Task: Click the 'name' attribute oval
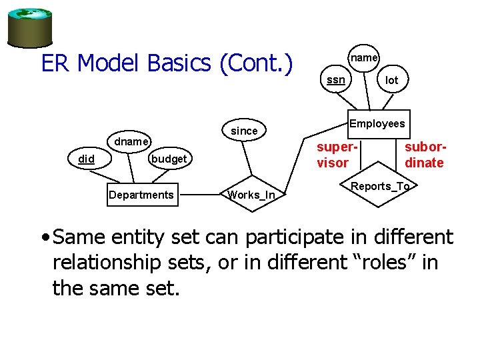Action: click(364, 58)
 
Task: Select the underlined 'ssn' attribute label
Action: click(336, 80)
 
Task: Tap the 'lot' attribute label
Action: click(392, 80)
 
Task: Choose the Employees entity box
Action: click(377, 123)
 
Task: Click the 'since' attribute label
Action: click(244, 131)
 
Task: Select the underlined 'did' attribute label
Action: click(86, 159)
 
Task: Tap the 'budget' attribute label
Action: click(169, 159)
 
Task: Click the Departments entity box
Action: click(141, 195)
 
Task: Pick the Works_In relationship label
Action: click(251, 195)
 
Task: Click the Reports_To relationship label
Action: click(380, 186)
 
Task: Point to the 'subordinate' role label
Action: click(424, 155)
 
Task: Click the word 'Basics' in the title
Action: click(179, 64)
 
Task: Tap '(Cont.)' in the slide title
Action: click(256, 64)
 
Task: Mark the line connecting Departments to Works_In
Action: click(200, 195)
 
